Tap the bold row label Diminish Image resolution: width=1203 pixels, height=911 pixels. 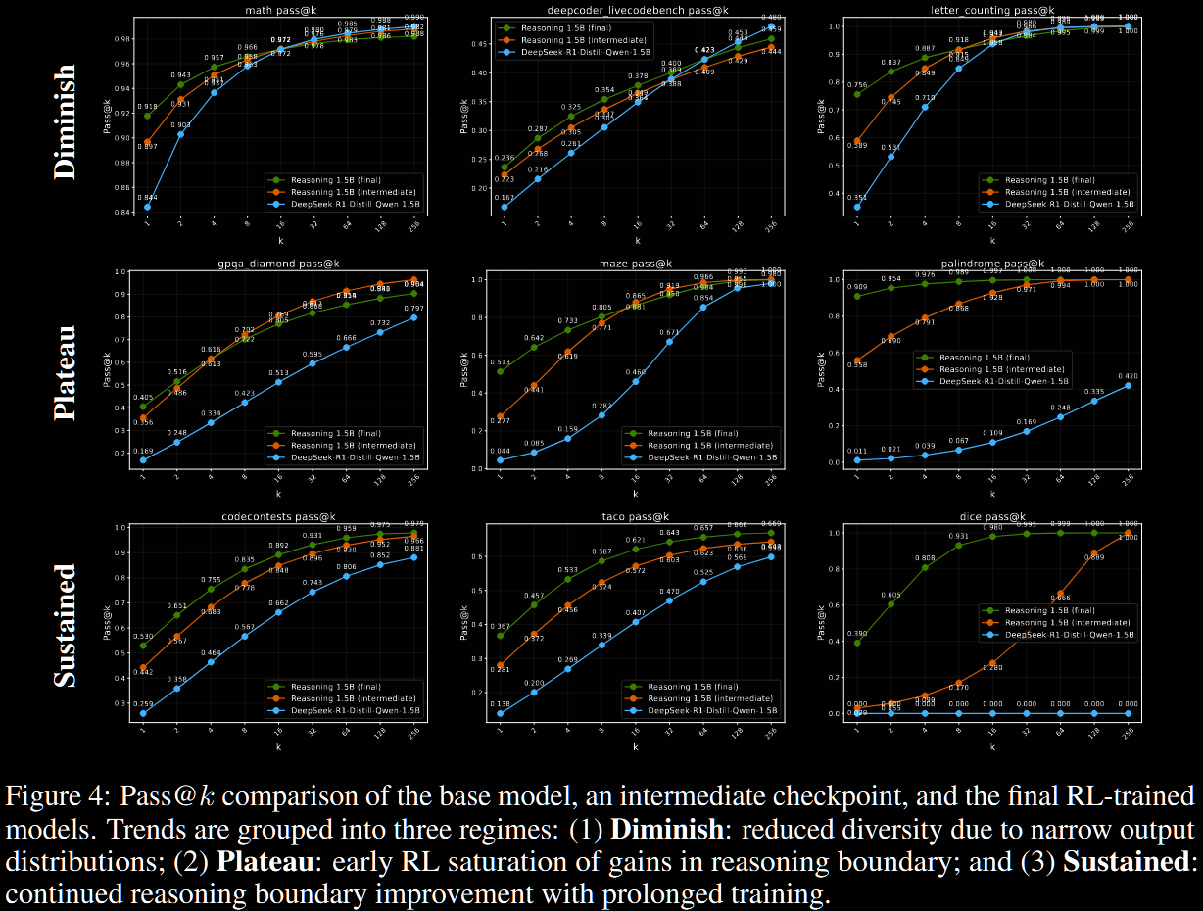pos(64,121)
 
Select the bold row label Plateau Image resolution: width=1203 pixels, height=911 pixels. pos(64,373)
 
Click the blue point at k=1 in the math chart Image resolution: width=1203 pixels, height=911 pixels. pos(148,207)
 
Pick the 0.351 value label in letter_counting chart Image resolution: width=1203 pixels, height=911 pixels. pos(857,196)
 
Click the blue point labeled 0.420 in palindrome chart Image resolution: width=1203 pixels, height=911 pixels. pos(1128,385)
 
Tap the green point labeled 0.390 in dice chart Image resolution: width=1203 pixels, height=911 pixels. pos(858,643)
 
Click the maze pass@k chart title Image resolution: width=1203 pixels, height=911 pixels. pos(636,264)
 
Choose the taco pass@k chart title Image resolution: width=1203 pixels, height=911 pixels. pos(636,516)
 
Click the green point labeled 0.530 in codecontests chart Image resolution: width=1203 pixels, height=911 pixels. pos(143,646)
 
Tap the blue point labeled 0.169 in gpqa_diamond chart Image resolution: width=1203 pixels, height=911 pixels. pos(143,459)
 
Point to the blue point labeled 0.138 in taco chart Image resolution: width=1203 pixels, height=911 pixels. pos(501,713)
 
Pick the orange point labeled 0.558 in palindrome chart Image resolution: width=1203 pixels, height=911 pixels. pos(858,360)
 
